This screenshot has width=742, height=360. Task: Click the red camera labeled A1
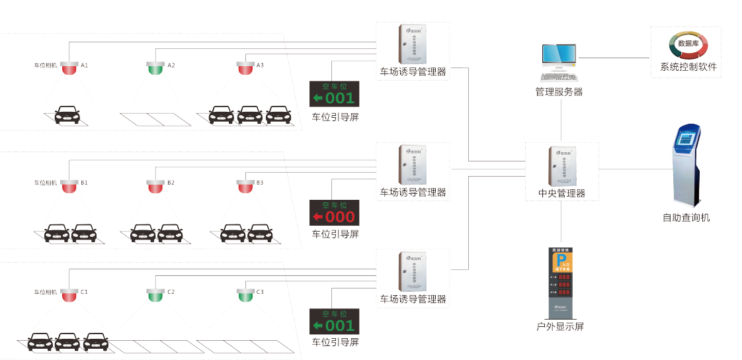coord(69,67)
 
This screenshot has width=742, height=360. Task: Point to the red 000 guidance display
coord(335,213)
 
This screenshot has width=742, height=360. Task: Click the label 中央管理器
coord(562,194)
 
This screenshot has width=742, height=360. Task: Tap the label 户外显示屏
coord(560,327)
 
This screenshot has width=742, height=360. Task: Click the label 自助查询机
coord(686,217)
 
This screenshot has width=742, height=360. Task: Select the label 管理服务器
coord(559,92)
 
